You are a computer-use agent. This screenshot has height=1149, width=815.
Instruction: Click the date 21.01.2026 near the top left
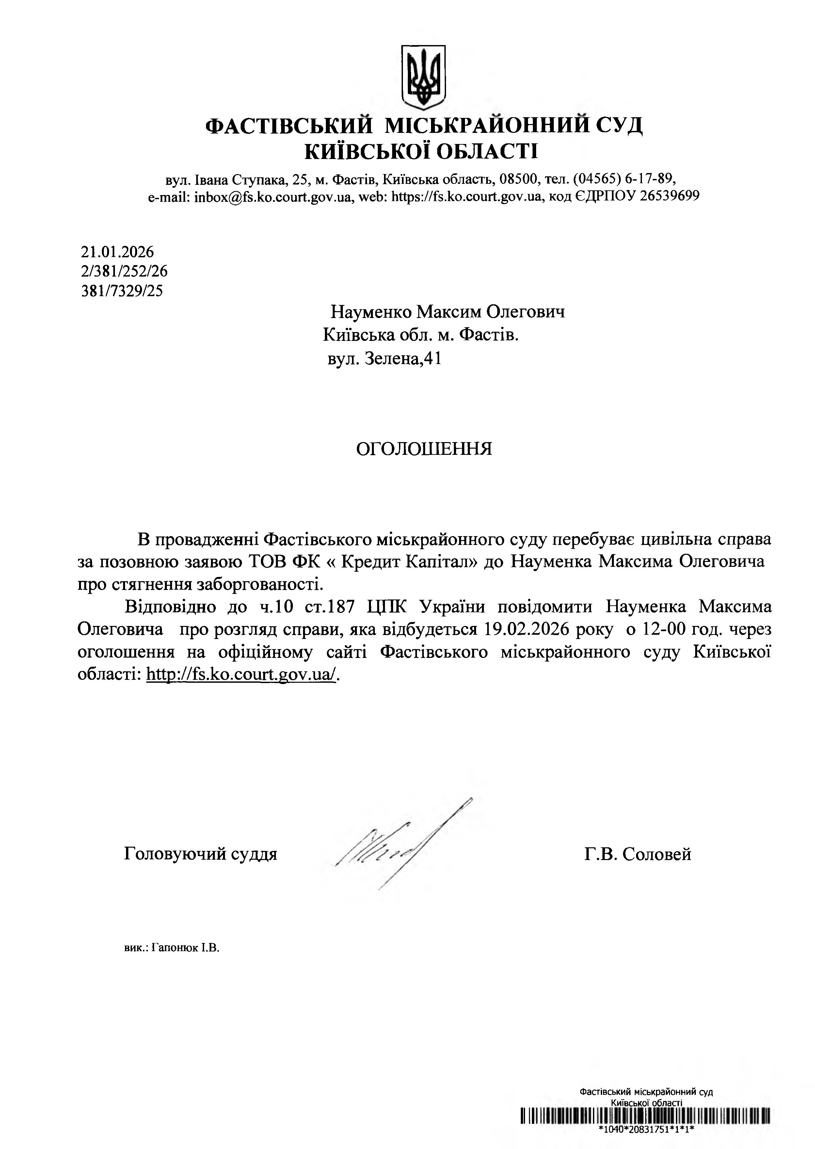point(118,251)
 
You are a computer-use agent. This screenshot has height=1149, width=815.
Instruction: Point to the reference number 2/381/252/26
point(124,271)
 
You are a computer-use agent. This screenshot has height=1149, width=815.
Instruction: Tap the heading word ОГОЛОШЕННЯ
point(424,449)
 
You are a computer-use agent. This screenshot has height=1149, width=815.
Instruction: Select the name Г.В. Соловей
point(637,854)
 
